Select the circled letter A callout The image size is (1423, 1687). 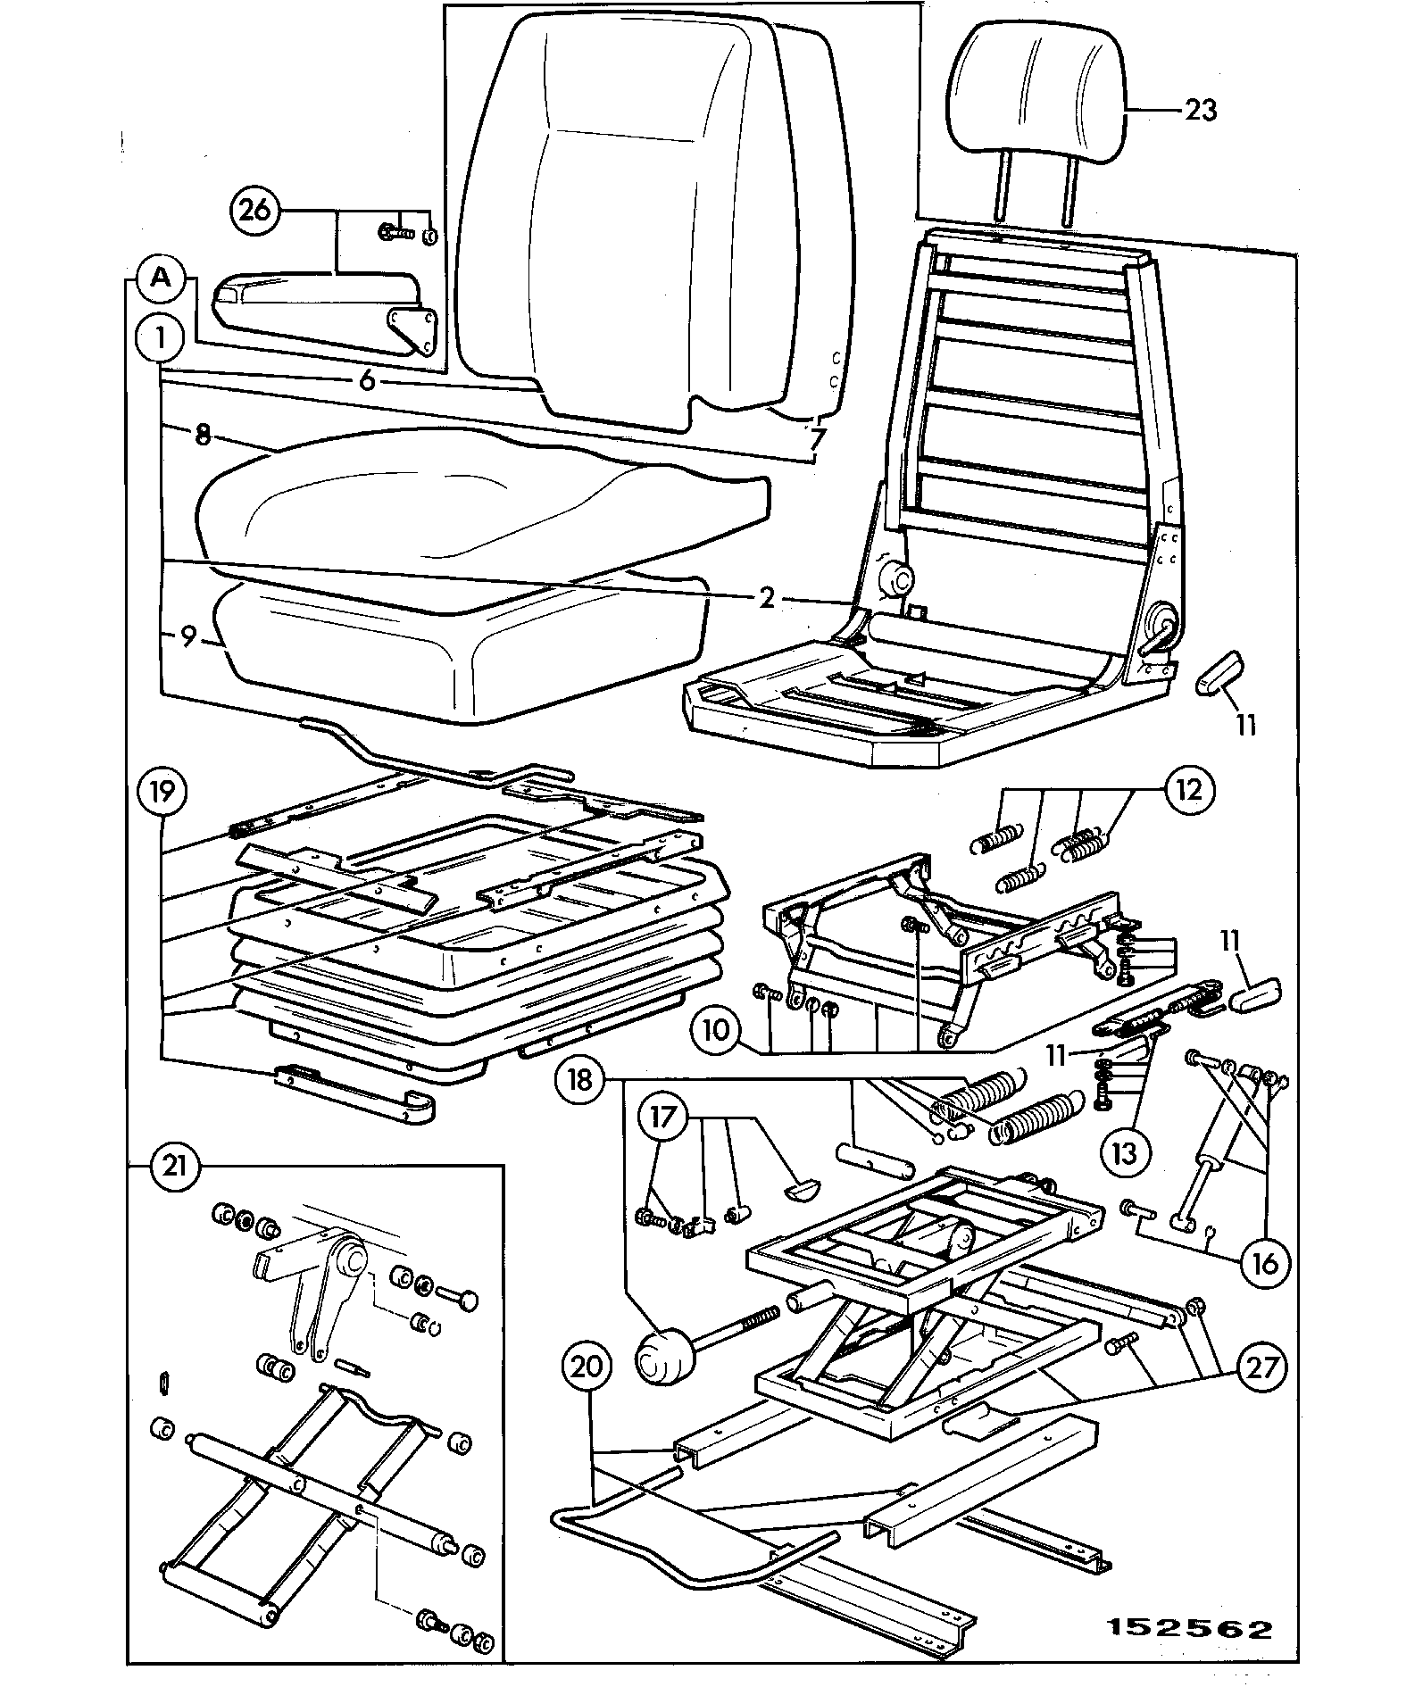pyautogui.click(x=161, y=278)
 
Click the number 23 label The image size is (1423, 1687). pyautogui.click(x=1201, y=111)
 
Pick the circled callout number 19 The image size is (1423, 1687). pyautogui.click(x=162, y=791)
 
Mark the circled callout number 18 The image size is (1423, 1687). pyautogui.click(x=579, y=1080)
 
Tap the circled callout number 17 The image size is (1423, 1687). pyautogui.click(x=662, y=1120)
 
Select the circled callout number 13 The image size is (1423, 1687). pyautogui.click(x=1125, y=1153)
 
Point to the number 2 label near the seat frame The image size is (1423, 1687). pyautogui.click(x=768, y=597)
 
